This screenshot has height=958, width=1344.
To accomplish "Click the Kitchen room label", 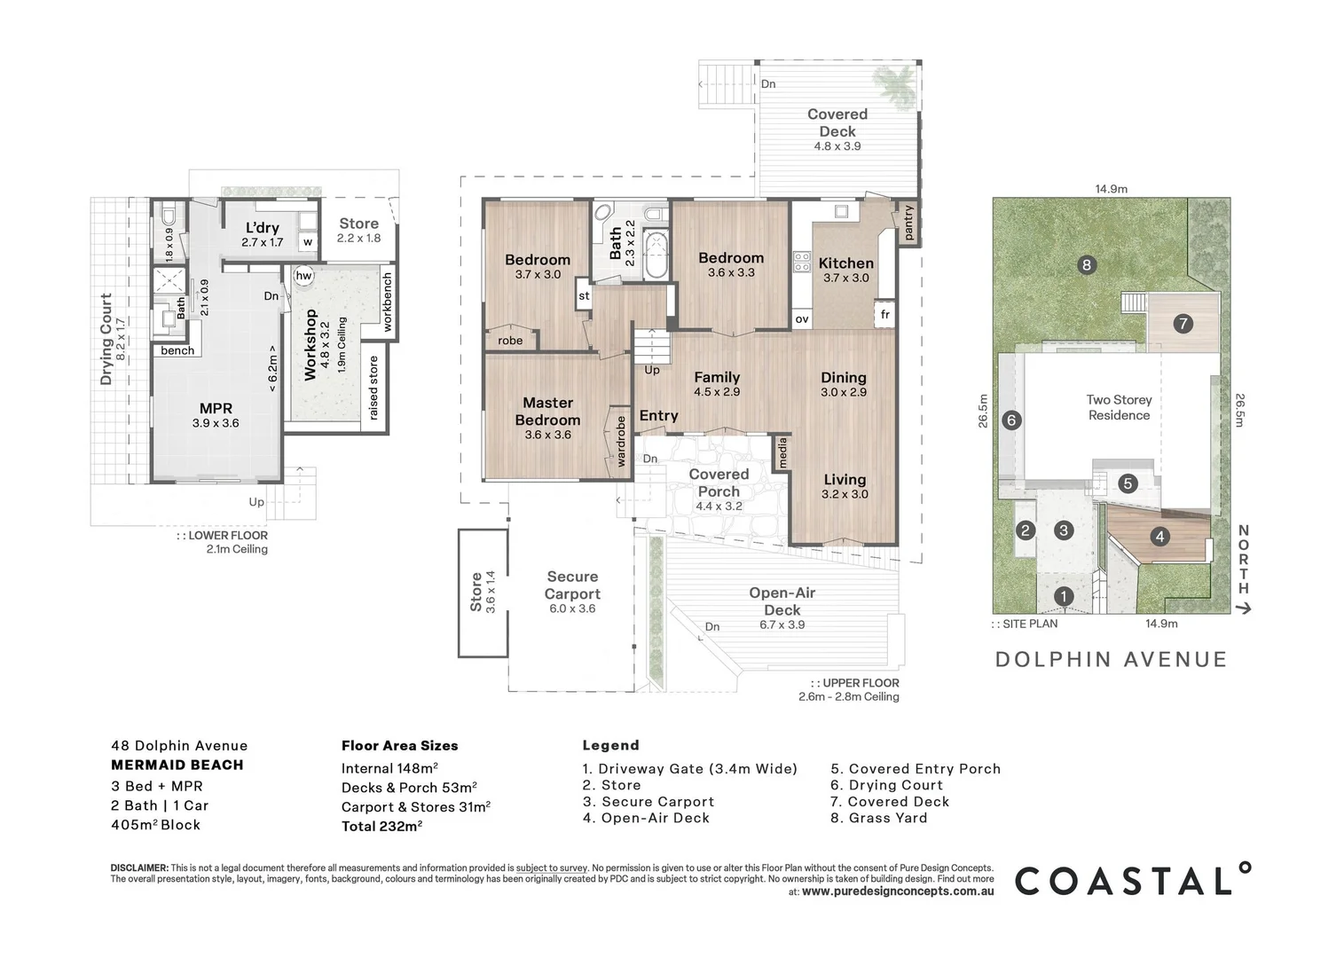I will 845,263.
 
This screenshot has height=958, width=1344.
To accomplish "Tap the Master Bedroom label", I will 547,412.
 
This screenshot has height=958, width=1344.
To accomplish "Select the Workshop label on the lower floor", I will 310,344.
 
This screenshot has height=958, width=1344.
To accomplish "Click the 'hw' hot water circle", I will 303,276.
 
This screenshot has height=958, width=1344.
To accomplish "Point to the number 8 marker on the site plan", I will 1086,264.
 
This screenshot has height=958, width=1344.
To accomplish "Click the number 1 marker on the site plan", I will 1064,597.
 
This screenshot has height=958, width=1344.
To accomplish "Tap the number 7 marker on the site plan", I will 1183,324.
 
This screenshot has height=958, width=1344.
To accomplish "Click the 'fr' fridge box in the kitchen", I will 884,315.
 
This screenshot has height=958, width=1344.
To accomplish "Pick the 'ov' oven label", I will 802,319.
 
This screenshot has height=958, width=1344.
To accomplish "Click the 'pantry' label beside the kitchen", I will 908,223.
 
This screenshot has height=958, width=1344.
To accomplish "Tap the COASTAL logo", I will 1133,880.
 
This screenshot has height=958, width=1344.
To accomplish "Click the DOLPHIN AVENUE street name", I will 1111,659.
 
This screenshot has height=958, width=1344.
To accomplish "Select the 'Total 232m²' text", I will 381,826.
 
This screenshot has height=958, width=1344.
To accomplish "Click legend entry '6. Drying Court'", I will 886,785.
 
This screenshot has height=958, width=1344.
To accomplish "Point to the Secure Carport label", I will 572,585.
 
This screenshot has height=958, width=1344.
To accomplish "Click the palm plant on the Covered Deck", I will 894,84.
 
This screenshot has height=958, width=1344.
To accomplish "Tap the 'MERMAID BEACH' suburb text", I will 177,765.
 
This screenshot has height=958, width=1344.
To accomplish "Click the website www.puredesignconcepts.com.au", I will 897,891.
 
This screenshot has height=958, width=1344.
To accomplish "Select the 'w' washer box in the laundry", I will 308,241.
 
